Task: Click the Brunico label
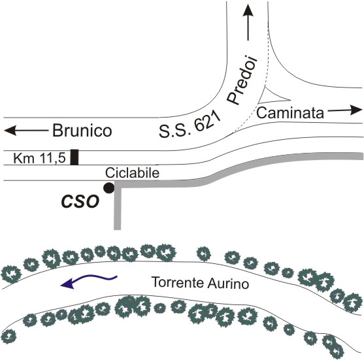(82, 131)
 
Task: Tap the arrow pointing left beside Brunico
(26, 131)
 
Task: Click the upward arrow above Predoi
(248, 22)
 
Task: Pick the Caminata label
(290, 113)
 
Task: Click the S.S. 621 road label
(190, 125)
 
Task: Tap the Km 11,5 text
(39, 158)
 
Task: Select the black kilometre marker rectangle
(74, 157)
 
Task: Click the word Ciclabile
(132, 173)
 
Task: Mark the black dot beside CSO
(108, 188)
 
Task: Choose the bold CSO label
(80, 201)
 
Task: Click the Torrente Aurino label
(200, 283)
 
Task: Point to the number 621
(207, 120)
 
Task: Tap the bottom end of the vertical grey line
(117, 229)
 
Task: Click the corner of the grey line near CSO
(118, 184)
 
